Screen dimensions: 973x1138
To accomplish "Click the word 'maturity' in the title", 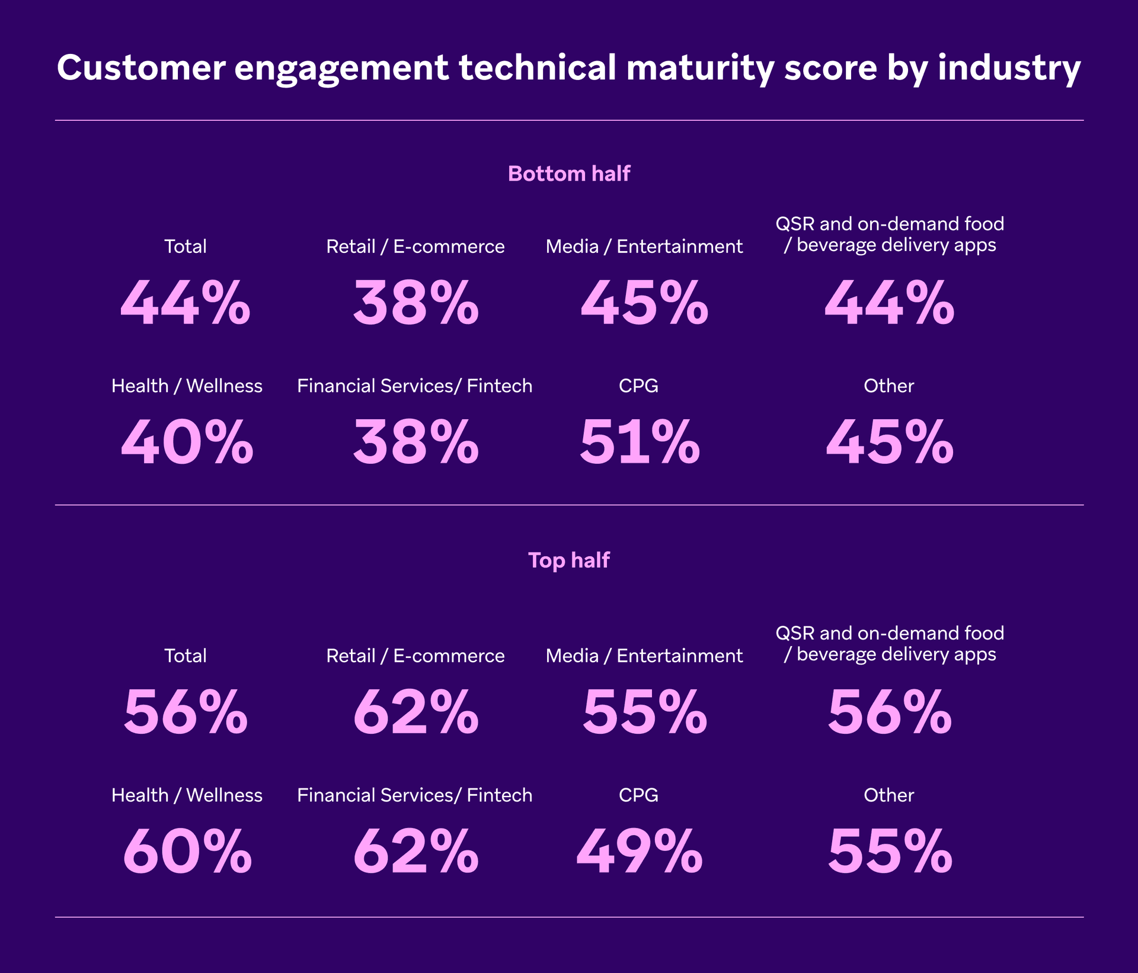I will [x=700, y=68].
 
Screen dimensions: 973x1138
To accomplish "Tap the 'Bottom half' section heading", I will [x=569, y=174].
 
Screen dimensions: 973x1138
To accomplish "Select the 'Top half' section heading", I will [x=569, y=560].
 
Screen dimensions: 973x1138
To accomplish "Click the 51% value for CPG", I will [x=640, y=442].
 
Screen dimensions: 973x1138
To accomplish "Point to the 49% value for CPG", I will [x=640, y=852].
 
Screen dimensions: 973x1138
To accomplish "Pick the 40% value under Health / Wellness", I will [x=187, y=442].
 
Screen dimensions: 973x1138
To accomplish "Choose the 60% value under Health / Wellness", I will [x=187, y=852].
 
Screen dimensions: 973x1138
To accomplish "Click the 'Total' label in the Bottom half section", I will [x=186, y=246].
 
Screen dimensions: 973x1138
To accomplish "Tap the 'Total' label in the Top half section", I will [x=186, y=656].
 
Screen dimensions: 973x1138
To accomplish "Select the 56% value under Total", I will [x=186, y=712].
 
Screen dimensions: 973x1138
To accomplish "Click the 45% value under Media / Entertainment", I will [x=644, y=303].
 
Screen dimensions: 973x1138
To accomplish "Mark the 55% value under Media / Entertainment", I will [x=644, y=712].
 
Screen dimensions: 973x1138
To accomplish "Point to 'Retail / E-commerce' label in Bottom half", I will [x=415, y=246].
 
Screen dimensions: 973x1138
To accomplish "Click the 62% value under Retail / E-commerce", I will [x=415, y=712].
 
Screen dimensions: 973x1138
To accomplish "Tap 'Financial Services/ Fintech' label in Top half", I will [x=415, y=795].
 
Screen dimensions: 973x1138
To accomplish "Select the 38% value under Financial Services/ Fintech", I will [x=415, y=442].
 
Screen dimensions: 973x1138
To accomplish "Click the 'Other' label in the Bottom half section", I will [x=888, y=386].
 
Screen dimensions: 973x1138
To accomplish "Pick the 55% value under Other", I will [x=890, y=852].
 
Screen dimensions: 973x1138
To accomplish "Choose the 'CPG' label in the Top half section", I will [x=638, y=795].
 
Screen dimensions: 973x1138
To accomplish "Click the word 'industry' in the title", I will [x=1009, y=68].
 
